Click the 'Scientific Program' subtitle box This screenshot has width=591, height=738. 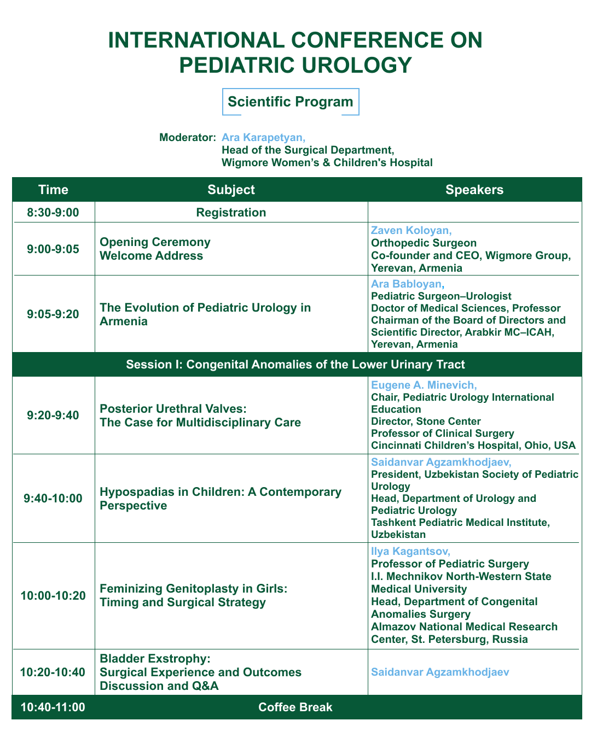(x=290, y=102)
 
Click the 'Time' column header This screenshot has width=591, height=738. (x=53, y=190)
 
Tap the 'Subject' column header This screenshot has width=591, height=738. (x=231, y=190)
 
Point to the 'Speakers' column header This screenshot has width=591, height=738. (x=474, y=190)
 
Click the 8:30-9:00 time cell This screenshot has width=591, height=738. (x=53, y=213)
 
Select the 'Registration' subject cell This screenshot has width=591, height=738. (x=231, y=213)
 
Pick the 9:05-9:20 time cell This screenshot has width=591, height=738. (x=53, y=314)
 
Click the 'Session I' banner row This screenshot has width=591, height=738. (x=296, y=364)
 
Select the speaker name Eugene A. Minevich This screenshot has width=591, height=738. (x=422, y=385)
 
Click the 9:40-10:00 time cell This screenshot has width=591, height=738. (x=53, y=498)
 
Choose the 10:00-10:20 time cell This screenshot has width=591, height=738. (x=53, y=595)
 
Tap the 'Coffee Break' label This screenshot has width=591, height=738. (x=295, y=707)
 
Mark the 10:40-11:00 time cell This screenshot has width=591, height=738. (x=53, y=707)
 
